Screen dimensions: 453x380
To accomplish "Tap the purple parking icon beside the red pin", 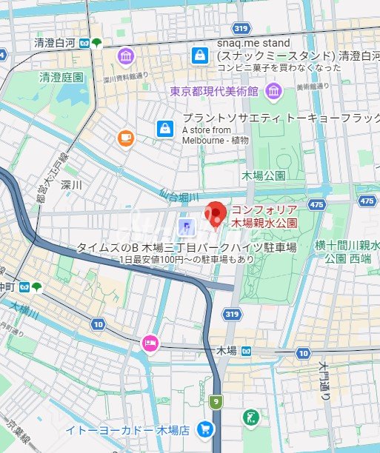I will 186,224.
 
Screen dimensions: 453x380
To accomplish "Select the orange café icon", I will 125,137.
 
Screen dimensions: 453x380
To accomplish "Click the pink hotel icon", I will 150,343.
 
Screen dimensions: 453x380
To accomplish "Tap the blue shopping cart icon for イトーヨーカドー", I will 205,429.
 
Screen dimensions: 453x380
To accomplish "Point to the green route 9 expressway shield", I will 216,402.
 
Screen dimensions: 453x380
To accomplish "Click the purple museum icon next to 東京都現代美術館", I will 274,91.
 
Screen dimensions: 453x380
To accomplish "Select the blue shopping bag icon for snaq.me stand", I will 199,55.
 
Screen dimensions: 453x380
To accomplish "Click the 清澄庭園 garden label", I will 61,76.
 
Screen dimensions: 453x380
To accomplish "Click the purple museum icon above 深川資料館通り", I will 124,56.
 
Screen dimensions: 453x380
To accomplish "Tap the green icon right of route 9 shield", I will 250,417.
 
